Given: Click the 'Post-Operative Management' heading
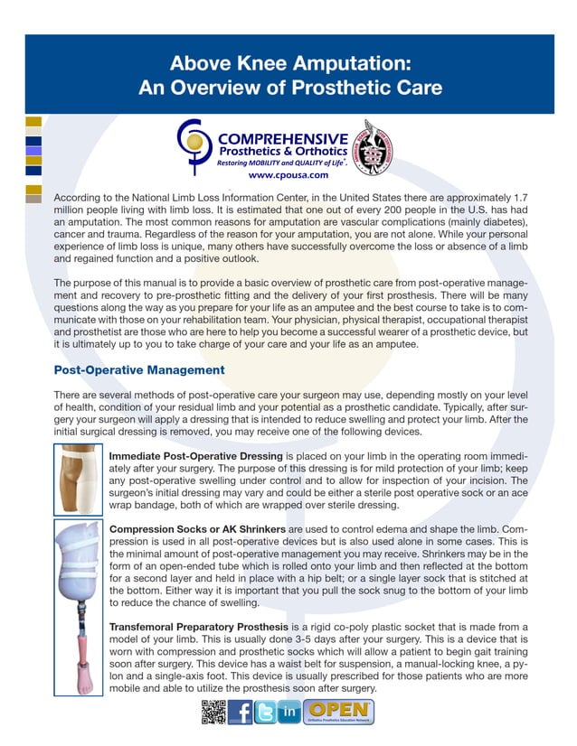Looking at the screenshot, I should click(x=139, y=370).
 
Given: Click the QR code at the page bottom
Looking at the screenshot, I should click(x=212, y=712).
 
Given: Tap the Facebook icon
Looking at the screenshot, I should click(x=240, y=712).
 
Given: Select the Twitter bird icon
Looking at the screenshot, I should click(x=265, y=712).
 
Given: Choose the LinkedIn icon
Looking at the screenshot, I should click(x=289, y=712).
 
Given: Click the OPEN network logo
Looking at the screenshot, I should click(x=339, y=712).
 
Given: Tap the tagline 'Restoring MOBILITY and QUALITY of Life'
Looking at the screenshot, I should click(x=282, y=163).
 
